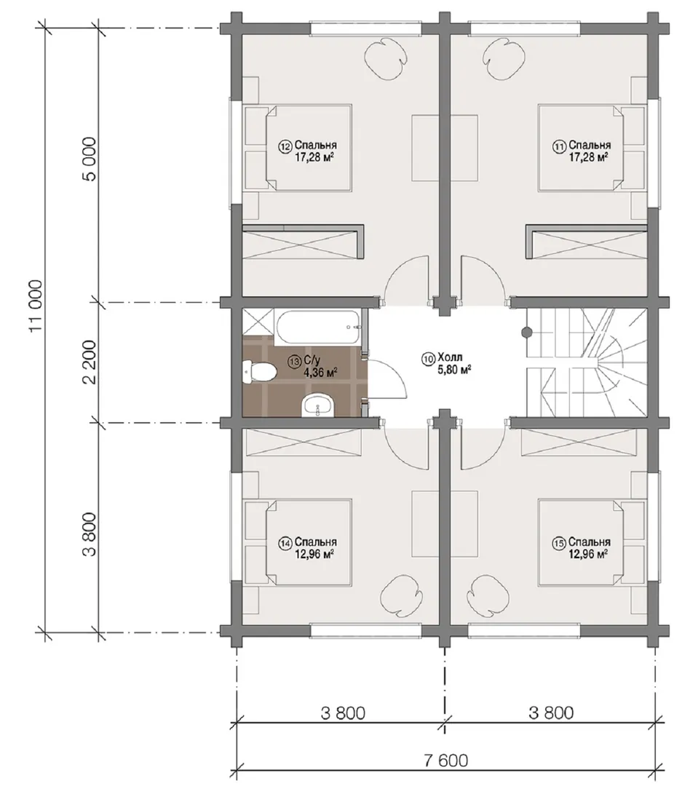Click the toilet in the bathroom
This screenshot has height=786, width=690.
(258, 372)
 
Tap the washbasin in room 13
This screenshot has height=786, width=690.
(318, 405)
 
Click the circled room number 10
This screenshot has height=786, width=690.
(428, 358)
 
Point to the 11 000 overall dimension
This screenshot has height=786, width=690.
(36, 306)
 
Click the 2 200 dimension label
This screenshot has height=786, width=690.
(90, 362)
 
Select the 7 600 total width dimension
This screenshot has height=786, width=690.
(445, 760)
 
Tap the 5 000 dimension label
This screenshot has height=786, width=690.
(90, 159)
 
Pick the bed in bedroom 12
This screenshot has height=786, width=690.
(298, 148)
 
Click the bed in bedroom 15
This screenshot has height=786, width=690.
(592, 542)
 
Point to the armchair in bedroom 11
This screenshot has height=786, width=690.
(504, 59)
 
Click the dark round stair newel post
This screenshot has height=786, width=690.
(526, 331)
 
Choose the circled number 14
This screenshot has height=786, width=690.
(286, 543)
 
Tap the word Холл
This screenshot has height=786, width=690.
(450, 357)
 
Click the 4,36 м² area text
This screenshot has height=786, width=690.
(320, 372)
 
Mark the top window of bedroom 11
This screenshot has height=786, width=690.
(525, 28)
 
